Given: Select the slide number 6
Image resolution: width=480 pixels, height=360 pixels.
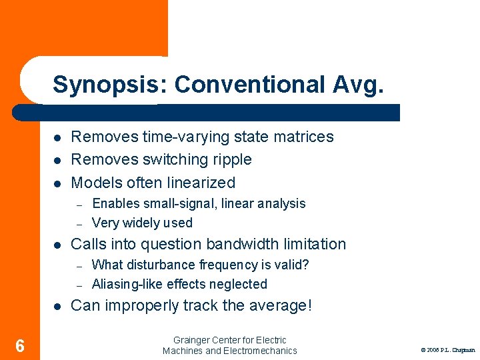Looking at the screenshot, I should pyautogui.click(x=20, y=345).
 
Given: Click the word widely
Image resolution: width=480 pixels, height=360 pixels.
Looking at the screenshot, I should pyautogui.click(x=143, y=223).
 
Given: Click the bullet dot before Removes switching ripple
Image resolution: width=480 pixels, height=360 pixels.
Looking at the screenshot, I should pyautogui.click(x=58, y=160).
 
